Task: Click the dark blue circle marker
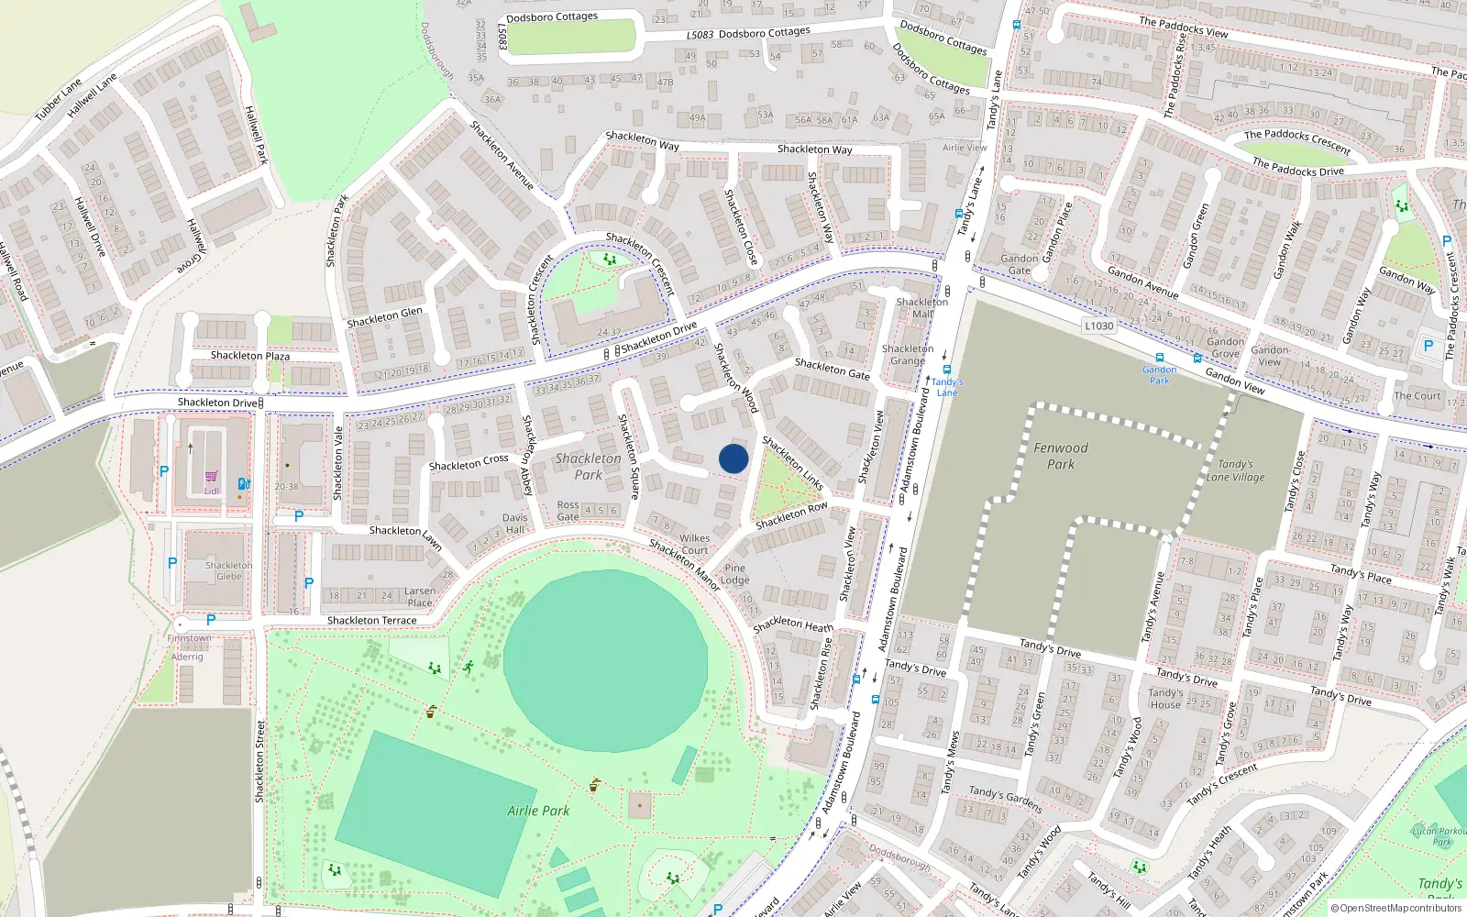(733, 458)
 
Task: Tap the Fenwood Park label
(1061, 456)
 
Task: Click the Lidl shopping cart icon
(212, 476)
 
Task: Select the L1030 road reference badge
(1098, 326)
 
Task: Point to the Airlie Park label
(538, 811)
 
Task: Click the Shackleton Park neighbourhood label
(588, 466)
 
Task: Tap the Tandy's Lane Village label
(1235, 470)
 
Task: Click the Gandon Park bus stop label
(1160, 375)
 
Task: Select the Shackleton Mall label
(921, 307)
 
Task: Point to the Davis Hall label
(515, 524)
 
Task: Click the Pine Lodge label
(734, 574)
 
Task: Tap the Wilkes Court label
(694, 545)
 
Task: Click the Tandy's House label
(1165, 699)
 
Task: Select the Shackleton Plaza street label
(250, 356)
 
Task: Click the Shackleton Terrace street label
(371, 621)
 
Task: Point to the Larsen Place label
(420, 597)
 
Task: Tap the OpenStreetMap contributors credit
(1395, 908)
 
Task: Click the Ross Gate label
(568, 511)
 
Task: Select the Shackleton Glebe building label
(228, 570)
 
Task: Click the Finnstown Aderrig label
(188, 647)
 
